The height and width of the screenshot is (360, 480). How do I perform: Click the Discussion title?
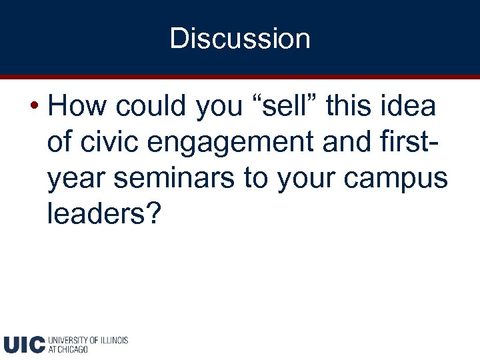[x=240, y=38]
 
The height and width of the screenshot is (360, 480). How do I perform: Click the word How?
[x=75, y=107]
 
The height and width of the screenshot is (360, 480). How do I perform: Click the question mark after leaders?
[x=154, y=215]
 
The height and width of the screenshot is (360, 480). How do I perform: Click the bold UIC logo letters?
[x=24, y=345]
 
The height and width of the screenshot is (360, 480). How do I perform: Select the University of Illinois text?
[x=88, y=340]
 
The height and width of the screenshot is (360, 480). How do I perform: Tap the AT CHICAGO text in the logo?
[x=69, y=349]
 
